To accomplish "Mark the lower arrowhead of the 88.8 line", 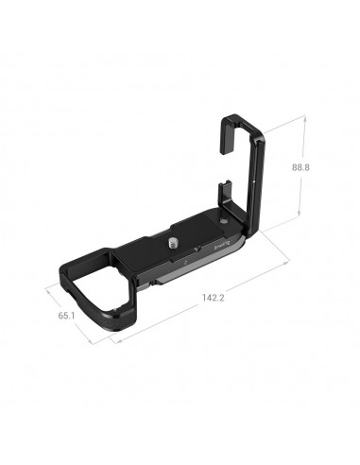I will point(300,216).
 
